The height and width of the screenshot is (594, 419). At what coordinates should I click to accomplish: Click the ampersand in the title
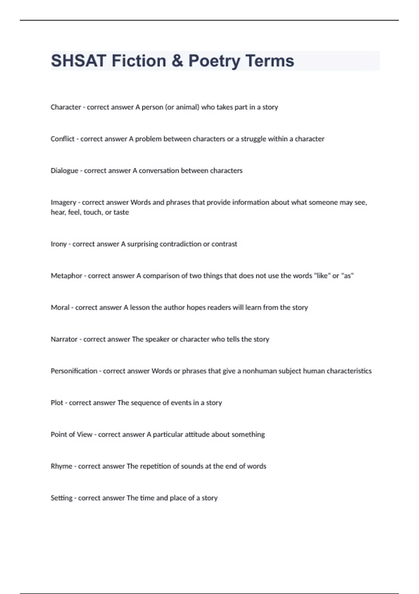tap(177, 61)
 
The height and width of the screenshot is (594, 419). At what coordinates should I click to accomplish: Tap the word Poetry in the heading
tap(214, 61)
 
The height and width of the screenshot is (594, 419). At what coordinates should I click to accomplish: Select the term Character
tap(66, 107)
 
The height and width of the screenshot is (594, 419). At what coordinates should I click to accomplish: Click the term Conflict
tap(63, 139)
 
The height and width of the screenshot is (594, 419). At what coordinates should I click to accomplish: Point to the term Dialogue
tap(64, 171)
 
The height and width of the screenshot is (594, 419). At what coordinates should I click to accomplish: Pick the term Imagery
tap(63, 202)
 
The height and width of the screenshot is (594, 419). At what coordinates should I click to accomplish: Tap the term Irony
tap(58, 244)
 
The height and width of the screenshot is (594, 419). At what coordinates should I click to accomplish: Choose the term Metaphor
tap(66, 276)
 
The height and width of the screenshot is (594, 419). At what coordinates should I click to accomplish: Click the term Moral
tap(60, 307)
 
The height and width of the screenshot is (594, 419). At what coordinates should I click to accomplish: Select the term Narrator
tap(64, 339)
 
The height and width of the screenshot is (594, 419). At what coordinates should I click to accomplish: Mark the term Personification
tap(74, 371)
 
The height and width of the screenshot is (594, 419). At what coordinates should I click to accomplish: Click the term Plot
tap(57, 403)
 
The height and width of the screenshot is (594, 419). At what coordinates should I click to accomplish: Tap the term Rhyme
tap(61, 466)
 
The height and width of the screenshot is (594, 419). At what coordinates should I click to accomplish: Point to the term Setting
tap(61, 498)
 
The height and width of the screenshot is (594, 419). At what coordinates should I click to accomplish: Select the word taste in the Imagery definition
tap(121, 212)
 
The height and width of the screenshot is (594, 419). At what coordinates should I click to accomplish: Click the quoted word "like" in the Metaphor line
tap(322, 276)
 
